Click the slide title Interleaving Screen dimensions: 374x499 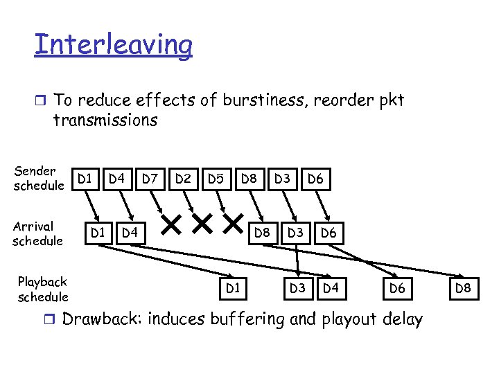[113, 45]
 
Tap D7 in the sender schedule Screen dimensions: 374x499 [150, 179]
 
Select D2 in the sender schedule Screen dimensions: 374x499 [183, 179]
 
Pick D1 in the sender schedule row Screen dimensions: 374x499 [85, 179]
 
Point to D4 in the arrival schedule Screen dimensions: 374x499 [130, 232]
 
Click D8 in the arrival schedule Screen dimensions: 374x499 [262, 232]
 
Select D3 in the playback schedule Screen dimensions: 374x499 [297, 287]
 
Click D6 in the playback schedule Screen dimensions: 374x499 [397, 287]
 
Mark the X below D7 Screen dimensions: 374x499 [170, 224]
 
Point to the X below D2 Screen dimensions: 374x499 [201, 224]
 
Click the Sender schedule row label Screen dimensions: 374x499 [39, 178]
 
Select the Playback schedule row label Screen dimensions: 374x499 [43, 289]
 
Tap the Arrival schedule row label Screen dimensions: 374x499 [37, 233]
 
